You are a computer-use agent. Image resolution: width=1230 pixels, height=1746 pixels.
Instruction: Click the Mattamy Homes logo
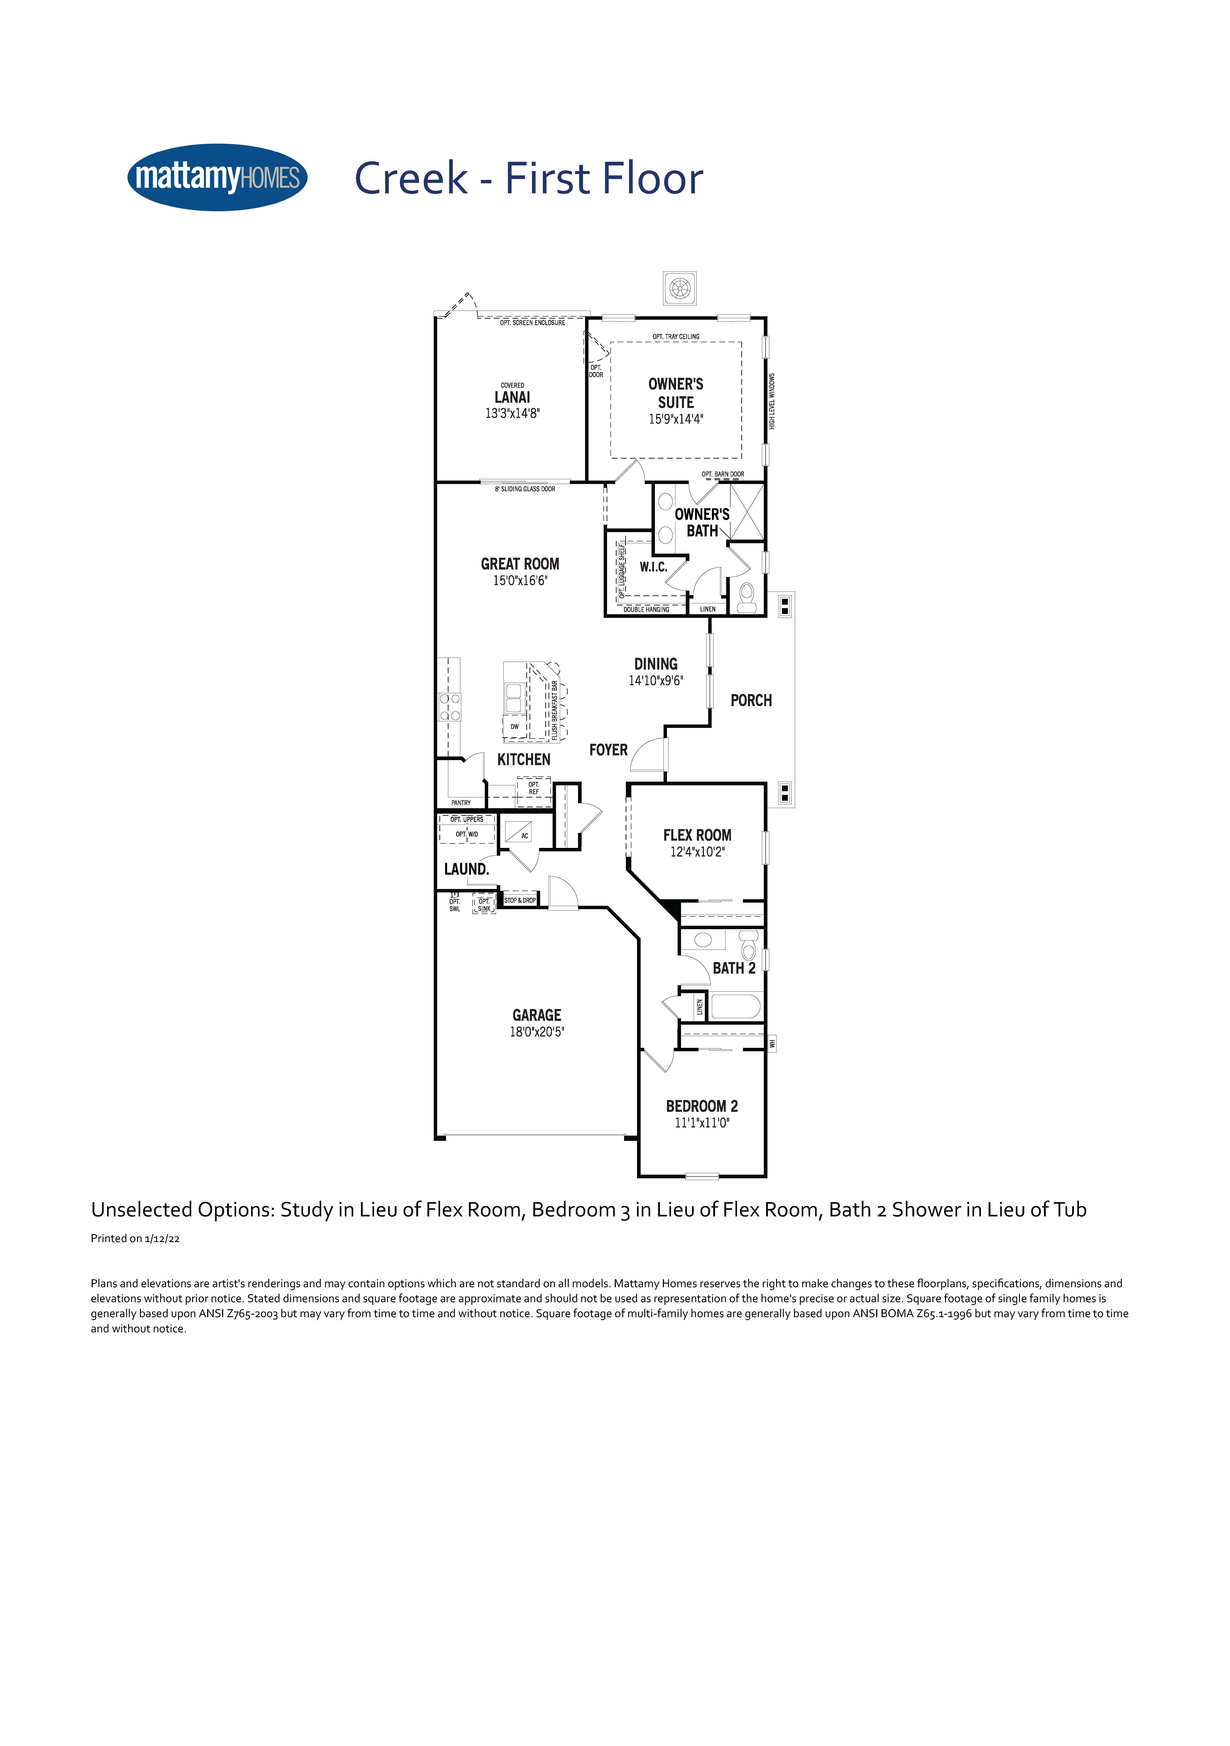[x=217, y=177]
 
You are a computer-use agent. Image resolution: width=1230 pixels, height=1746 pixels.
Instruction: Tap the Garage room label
[x=537, y=1015]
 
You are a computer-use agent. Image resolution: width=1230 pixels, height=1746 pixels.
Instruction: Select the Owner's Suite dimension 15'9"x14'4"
[x=676, y=419]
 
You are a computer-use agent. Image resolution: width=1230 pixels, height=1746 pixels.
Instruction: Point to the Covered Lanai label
[x=512, y=393]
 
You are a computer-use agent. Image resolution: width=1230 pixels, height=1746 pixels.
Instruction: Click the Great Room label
[x=520, y=563]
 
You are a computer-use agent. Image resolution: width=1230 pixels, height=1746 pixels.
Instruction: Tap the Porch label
[x=751, y=700]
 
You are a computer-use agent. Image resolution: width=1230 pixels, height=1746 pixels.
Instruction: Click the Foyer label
[x=608, y=750]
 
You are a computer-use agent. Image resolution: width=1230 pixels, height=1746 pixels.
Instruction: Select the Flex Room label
[x=697, y=835]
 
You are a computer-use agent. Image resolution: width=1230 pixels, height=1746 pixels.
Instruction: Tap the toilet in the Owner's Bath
[x=747, y=598]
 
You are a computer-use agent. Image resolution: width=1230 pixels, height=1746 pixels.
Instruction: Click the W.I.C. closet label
[x=654, y=567]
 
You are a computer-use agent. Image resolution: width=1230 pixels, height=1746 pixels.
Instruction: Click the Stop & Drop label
[x=520, y=900]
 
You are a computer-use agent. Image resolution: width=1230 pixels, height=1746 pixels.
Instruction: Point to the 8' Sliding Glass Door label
[x=525, y=489]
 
